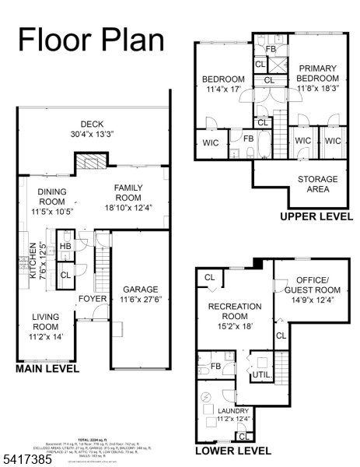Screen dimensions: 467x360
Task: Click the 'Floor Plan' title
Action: click(x=91, y=38)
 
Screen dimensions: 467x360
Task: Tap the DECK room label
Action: click(x=93, y=128)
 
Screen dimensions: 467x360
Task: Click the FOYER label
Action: click(x=92, y=298)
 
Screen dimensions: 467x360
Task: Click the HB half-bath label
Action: click(x=65, y=247)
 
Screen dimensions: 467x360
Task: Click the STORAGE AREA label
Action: click(x=317, y=184)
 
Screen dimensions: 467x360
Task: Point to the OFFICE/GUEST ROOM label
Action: click(x=312, y=290)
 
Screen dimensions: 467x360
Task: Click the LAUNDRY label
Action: click(x=234, y=415)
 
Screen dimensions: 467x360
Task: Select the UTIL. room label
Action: click(x=260, y=375)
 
